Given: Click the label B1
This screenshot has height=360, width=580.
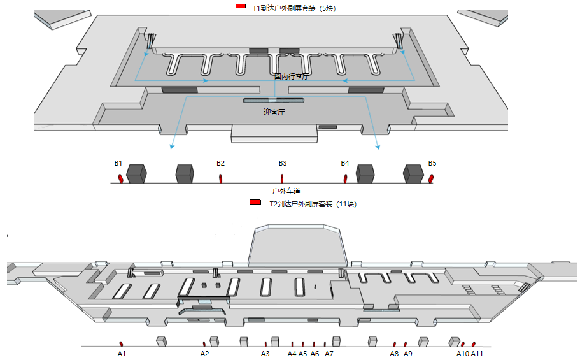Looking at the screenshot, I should click(x=118, y=163).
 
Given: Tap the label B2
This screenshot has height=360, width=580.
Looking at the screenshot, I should click(x=220, y=163).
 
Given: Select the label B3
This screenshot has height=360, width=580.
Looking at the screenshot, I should click(x=283, y=163).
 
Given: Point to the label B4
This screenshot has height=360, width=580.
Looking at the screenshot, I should click(x=345, y=163).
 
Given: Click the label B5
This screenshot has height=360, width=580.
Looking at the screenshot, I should click(x=432, y=163).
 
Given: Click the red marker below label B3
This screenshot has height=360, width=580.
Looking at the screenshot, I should click(x=282, y=178).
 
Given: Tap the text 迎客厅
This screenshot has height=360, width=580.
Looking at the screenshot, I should click(x=274, y=112).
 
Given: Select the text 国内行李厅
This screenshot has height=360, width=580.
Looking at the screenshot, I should click(x=291, y=76).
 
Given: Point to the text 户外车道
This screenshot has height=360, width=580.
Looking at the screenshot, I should click(x=286, y=191).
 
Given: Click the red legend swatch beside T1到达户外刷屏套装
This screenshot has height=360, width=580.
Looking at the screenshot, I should click(x=241, y=6).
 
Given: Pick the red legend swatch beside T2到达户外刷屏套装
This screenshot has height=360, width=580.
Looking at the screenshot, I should click(x=255, y=202).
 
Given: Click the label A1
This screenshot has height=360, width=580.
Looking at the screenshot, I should click(x=122, y=353).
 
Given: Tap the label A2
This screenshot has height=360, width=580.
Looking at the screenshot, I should click(x=205, y=353).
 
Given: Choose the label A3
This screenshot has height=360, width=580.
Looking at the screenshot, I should click(x=265, y=353).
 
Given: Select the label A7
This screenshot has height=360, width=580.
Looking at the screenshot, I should click(x=329, y=353).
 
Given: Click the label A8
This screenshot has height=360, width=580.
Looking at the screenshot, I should click(x=394, y=353).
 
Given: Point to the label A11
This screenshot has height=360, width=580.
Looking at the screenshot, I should click(x=477, y=353).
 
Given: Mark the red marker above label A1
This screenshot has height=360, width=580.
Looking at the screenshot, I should click(x=121, y=344).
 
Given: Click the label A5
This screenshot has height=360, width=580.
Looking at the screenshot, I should click(x=303, y=353).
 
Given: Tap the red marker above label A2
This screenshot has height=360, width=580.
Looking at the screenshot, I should click(x=204, y=344).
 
